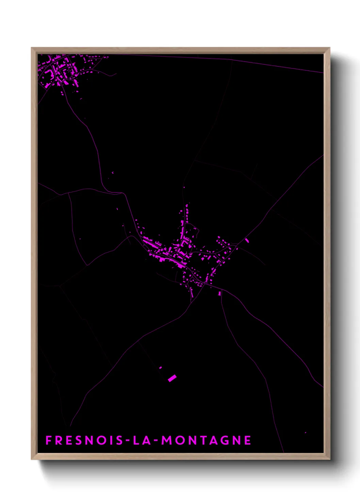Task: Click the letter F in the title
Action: [49, 440]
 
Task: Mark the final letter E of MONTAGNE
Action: [248, 440]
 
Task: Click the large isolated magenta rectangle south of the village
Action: [172, 378]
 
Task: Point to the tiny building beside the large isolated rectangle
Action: [161, 368]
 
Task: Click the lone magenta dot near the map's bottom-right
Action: [305, 432]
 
